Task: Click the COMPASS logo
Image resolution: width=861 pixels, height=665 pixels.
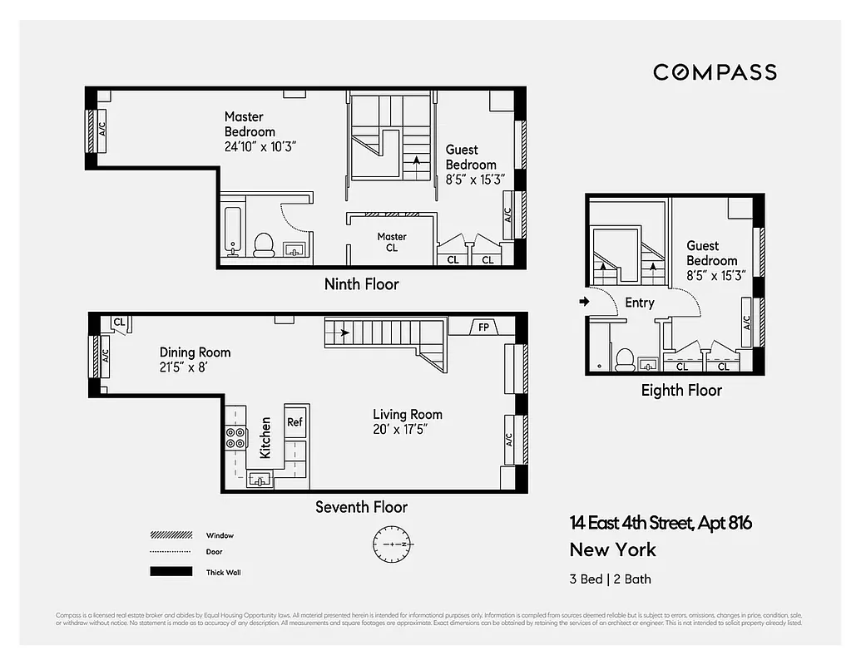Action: [x=715, y=72]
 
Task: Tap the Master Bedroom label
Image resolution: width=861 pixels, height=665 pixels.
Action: [x=250, y=124]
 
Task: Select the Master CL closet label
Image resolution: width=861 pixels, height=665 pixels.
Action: [x=392, y=242]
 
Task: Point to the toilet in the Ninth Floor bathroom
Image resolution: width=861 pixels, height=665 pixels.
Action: [x=264, y=244]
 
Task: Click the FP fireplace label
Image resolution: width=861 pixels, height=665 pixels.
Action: [x=483, y=327]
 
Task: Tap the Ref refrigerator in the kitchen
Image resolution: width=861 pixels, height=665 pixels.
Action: [x=294, y=421]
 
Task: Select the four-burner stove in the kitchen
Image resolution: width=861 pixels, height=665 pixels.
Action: [x=235, y=437]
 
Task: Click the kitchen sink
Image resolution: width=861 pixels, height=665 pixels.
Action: [x=260, y=479]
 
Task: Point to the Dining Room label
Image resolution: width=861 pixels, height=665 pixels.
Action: [x=195, y=352]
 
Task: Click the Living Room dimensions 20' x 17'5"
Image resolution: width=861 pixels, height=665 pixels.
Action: [x=407, y=430]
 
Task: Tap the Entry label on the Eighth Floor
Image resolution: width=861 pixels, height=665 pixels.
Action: [x=639, y=303]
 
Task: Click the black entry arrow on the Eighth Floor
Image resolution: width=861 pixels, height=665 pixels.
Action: [x=585, y=302]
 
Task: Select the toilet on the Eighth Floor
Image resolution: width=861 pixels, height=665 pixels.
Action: [x=625, y=358]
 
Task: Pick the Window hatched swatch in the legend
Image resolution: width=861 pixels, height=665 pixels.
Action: [x=166, y=535]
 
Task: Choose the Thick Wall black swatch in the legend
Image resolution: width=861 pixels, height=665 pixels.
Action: [x=166, y=572]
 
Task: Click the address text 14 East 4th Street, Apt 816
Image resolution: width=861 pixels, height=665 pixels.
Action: [x=661, y=523]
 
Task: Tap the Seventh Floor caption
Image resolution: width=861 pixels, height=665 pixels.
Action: [x=361, y=506]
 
